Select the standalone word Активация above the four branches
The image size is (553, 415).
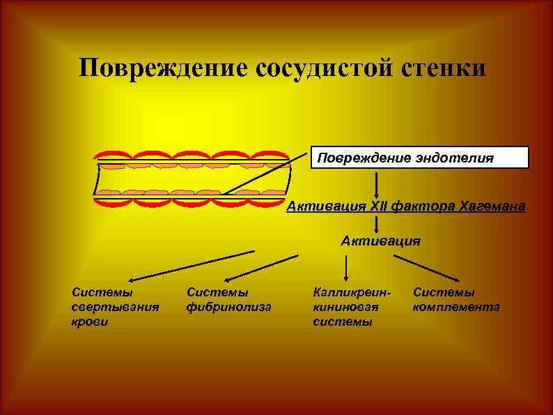click(x=380, y=241)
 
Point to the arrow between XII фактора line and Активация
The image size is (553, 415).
click(x=376, y=224)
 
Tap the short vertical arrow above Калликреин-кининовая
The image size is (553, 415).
click(x=347, y=266)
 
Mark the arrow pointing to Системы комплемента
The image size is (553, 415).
click(x=426, y=268)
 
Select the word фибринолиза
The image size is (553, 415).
click(x=228, y=307)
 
